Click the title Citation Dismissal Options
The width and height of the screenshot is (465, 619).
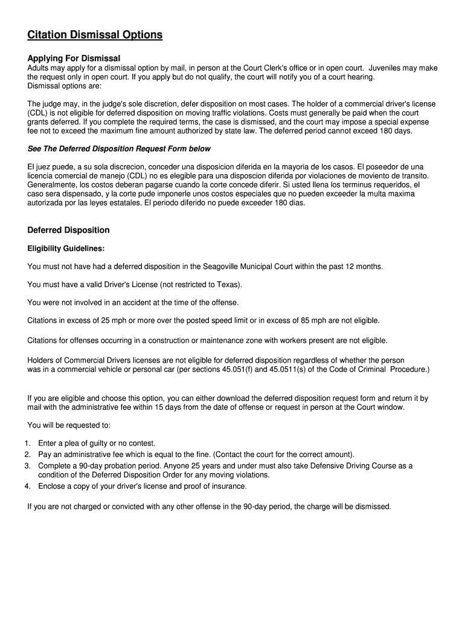coord(95,35)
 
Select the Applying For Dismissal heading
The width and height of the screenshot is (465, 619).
coord(74,58)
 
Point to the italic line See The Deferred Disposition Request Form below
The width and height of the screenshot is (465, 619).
coord(119,149)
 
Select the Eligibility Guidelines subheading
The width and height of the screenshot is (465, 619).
coord(66,248)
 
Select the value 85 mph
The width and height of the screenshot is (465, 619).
coord(316,320)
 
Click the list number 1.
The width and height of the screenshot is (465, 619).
coord(28,443)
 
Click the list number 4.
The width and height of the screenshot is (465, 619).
coord(28,486)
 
